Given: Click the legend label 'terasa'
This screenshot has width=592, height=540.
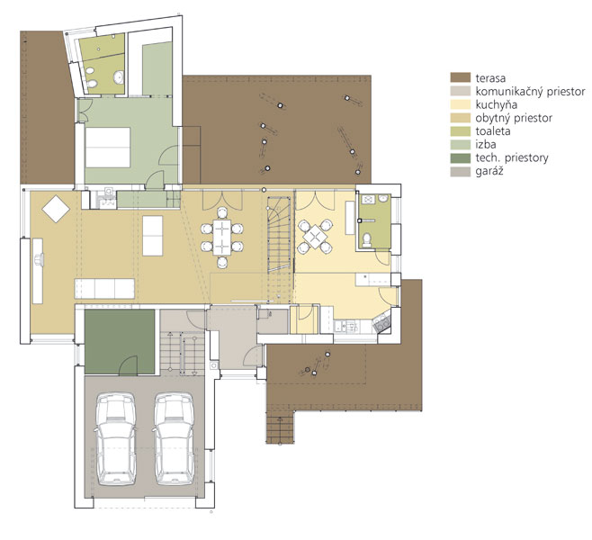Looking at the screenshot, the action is click(490, 78).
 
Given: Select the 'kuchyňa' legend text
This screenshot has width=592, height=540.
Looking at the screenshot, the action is click(496, 104).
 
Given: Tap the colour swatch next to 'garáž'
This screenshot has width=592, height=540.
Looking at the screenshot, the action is click(461, 171).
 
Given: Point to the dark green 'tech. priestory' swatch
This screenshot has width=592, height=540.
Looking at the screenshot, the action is click(461, 157).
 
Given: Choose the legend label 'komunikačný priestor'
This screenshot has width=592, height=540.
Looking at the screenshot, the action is click(530, 92).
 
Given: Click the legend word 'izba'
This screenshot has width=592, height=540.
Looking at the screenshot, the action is click(486, 144).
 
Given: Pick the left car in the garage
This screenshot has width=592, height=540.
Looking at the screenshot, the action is click(115, 439).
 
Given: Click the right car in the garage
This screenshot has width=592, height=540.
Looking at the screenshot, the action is click(174, 439).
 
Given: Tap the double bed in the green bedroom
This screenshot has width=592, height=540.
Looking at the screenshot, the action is click(108, 148).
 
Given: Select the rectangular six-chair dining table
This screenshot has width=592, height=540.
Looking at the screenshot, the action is click(221, 238).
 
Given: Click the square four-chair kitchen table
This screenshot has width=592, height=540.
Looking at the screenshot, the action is click(315, 237).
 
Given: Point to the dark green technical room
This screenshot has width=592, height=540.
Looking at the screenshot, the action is click(120, 342).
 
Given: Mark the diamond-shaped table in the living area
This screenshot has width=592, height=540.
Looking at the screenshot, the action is click(56, 209).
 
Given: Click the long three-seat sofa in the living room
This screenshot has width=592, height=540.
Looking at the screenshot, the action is click(104, 289).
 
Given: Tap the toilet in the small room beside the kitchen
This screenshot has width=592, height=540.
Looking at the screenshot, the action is click(366, 239).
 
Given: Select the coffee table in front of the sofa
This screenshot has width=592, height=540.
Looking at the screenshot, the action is click(153, 236).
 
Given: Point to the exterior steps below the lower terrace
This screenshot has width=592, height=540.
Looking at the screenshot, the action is click(280, 427).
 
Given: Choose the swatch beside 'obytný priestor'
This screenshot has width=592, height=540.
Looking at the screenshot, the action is click(461, 118).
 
